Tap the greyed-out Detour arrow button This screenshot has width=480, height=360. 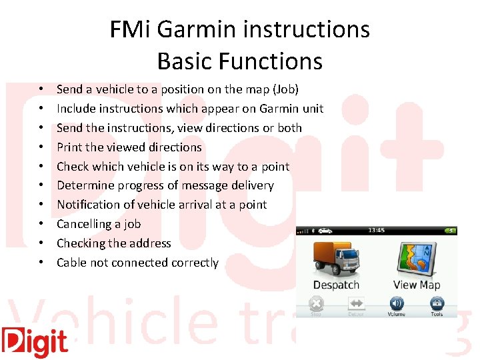[x=356, y=305]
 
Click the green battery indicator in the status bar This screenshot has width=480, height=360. [x=452, y=231]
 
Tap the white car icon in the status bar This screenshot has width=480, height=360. [x=326, y=231]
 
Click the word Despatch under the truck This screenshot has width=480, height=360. [x=336, y=285]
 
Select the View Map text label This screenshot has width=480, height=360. [x=417, y=285]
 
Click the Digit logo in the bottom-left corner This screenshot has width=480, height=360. [x=35, y=342]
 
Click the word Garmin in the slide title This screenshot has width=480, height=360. [x=197, y=29]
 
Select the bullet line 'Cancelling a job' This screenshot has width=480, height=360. [x=99, y=224]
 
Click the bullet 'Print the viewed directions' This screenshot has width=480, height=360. [x=129, y=147]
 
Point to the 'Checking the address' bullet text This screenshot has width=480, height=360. [x=114, y=243]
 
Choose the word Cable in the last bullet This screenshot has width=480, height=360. [x=71, y=263]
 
